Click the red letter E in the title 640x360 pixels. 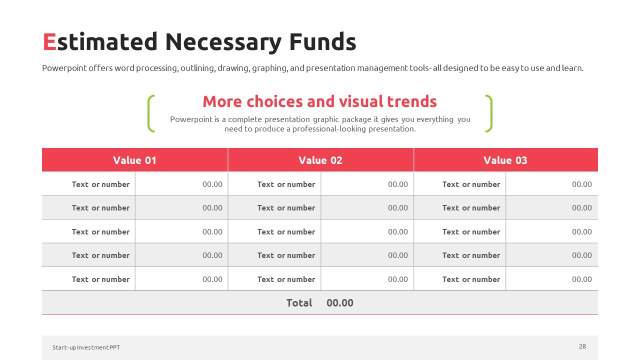point(49,42)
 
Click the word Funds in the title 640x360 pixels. point(322,41)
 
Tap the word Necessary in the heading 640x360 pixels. point(223,43)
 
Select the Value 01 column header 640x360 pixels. point(134,160)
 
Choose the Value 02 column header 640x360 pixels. point(320,160)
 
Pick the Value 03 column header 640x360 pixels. point(505,160)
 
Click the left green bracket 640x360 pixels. point(150,113)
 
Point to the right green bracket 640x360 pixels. point(489,113)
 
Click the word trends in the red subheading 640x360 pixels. point(411,101)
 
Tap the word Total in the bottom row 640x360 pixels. point(299,303)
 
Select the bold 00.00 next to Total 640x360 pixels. point(339,303)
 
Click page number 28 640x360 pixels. point(582,346)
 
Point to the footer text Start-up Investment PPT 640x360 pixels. point(86,347)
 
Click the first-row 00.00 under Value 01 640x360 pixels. point(212,184)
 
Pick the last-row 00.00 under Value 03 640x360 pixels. point(581,279)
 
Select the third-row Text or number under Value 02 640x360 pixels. point(286,231)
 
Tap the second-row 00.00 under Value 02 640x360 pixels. point(397,207)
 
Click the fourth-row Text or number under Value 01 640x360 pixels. point(101,255)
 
